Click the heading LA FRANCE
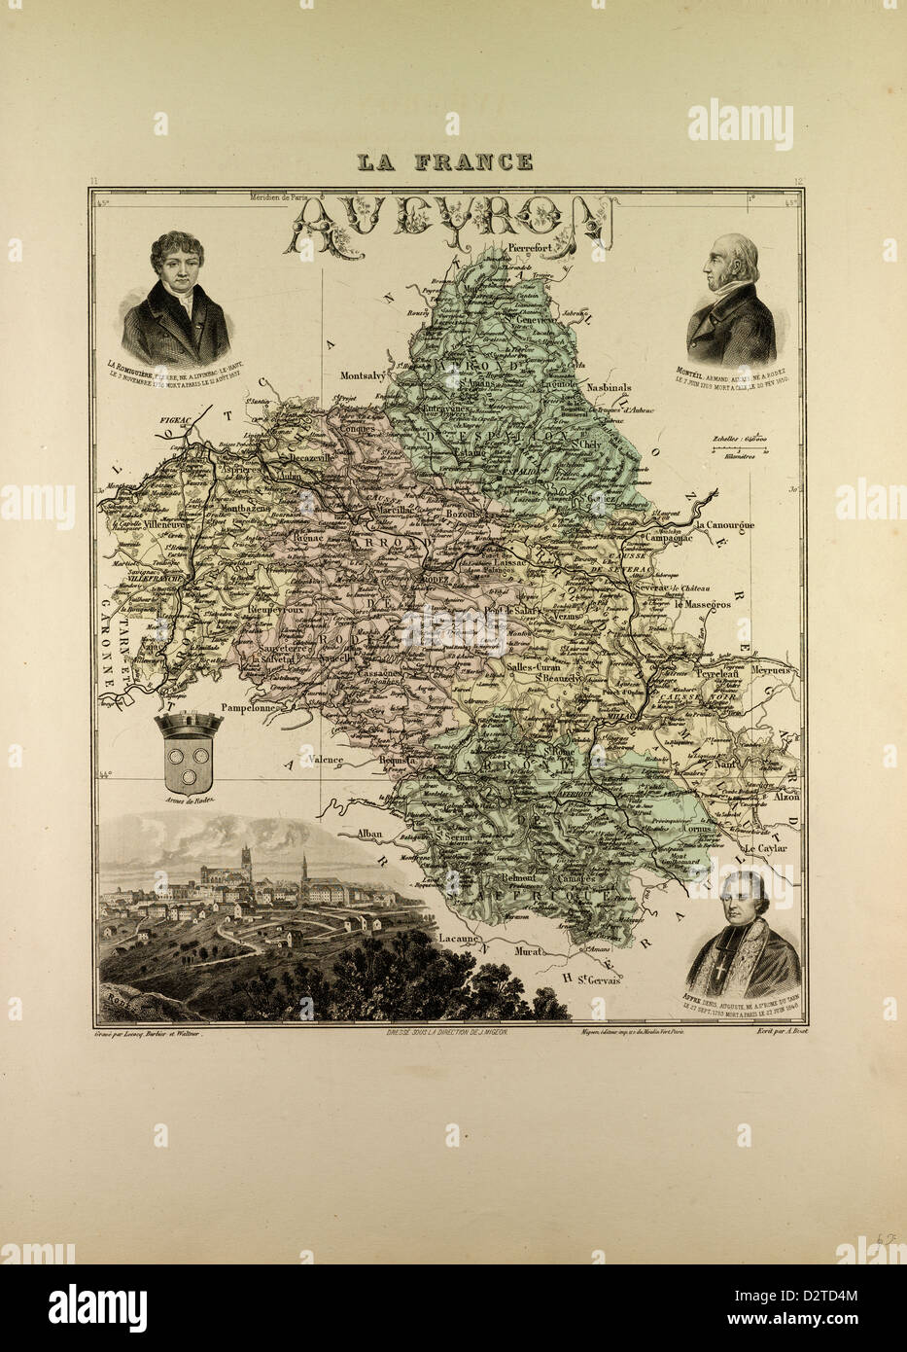tap(444, 162)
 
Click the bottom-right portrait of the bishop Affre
tap(742, 924)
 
